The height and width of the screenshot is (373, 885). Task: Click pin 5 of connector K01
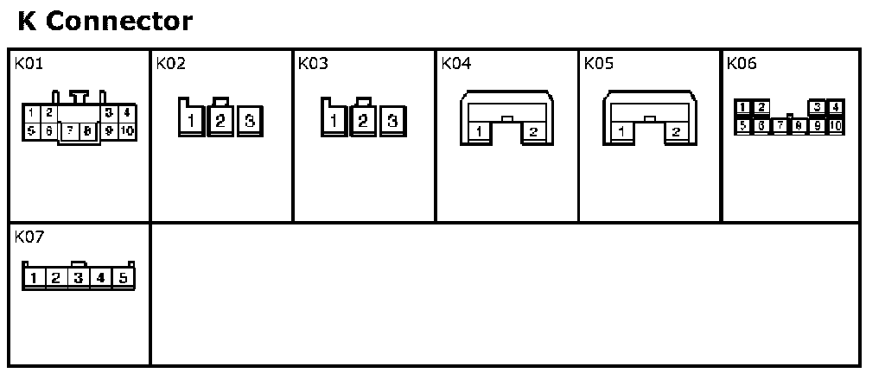tap(31, 131)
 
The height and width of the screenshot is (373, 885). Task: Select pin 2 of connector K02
tap(220, 121)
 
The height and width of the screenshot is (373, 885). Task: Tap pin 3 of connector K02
tap(249, 121)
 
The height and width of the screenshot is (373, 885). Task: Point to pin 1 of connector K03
tap(334, 121)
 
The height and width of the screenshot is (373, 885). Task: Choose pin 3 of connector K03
tap(392, 121)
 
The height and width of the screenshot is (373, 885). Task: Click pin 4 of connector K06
tap(836, 108)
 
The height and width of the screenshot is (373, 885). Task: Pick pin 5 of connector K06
tap(742, 125)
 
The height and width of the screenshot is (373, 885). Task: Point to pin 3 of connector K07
tap(79, 278)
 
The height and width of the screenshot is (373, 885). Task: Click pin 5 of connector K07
tap(124, 278)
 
